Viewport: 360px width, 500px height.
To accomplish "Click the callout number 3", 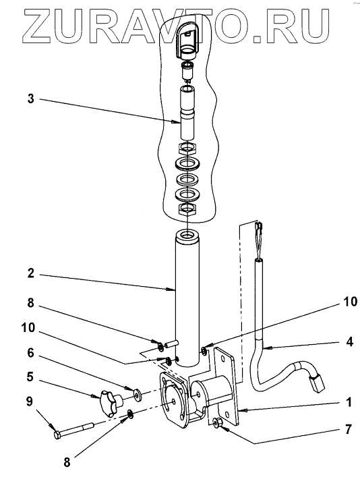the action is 30,99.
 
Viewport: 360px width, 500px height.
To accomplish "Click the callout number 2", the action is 30,273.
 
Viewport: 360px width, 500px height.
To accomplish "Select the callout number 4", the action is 349,341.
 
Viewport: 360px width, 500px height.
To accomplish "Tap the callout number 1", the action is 349,402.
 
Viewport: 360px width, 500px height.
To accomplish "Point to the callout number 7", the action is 349,429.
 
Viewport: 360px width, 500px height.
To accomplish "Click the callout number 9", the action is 29,401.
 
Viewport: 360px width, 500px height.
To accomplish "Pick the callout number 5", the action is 30,377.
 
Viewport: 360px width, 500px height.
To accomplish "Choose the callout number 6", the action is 30,353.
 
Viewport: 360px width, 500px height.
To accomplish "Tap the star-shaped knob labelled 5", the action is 111,401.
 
